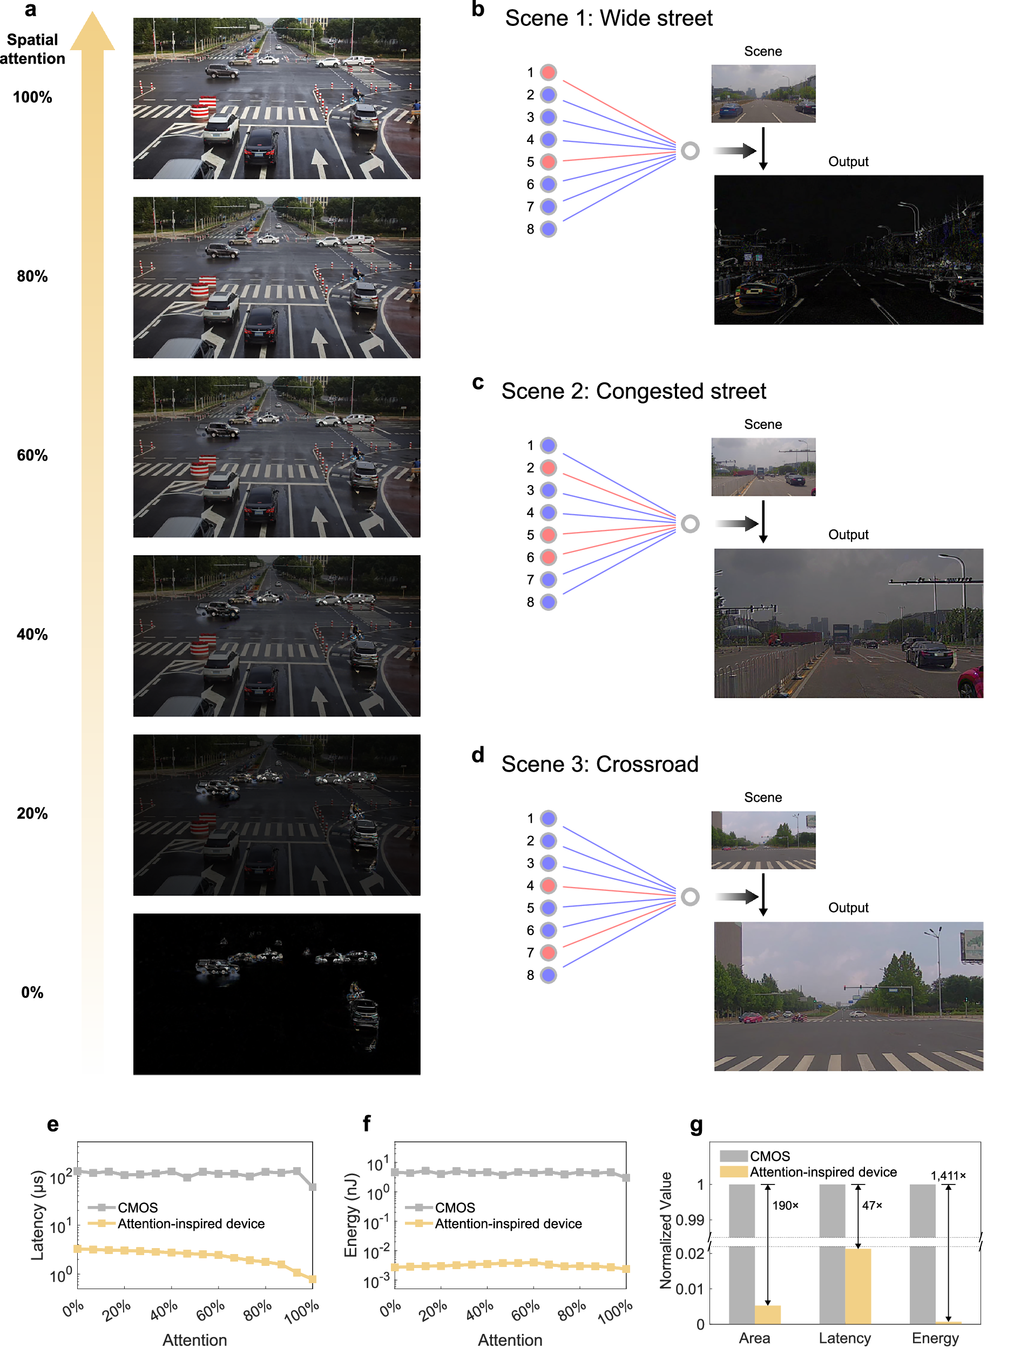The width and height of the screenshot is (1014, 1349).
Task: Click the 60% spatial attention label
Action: coord(32,455)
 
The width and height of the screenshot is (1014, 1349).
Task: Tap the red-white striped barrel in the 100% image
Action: coord(203,107)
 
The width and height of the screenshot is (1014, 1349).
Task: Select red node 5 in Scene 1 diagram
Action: coord(549,162)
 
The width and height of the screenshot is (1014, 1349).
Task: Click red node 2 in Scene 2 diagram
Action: coord(549,468)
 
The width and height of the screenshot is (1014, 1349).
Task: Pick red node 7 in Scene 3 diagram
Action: coord(549,952)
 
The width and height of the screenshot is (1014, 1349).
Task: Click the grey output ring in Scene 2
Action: coord(690,523)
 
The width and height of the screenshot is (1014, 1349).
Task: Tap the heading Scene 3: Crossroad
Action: coord(599,764)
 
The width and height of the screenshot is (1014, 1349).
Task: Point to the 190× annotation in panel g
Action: coord(785,1205)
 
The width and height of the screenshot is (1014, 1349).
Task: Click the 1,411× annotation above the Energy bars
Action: coord(948,1175)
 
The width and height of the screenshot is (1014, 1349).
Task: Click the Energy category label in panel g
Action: coord(935,1338)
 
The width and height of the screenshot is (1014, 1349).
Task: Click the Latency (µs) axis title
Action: coord(38,1215)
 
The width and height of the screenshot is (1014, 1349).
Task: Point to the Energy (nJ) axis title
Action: coord(350,1215)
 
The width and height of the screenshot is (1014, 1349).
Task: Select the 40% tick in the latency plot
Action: coord(164,1310)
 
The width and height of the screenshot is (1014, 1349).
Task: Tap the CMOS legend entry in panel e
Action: coord(137,1208)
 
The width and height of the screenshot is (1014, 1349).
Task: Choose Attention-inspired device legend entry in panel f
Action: coord(508,1223)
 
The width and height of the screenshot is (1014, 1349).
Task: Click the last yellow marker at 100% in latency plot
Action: coord(313,1279)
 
